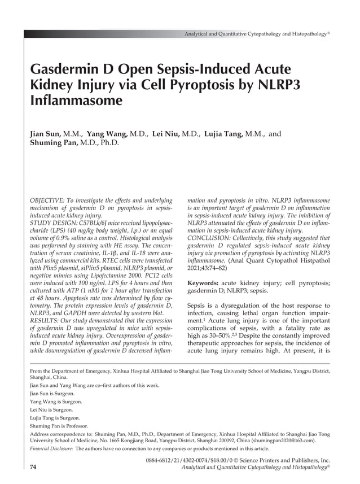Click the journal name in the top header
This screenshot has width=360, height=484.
coord(255,34)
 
